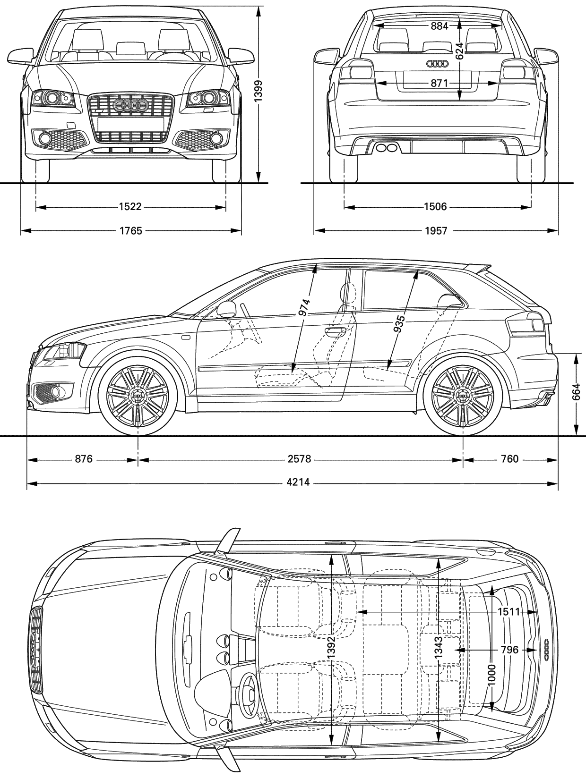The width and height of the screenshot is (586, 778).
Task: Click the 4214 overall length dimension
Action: click(x=298, y=482)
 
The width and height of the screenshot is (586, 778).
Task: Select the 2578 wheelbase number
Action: click(x=299, y=459)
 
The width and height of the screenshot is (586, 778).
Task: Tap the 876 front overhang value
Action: click(x=84, y=459)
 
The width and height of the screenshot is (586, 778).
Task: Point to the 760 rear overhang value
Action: click(x=510, y=459)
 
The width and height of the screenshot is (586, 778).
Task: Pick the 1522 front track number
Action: click(x=130, y=206)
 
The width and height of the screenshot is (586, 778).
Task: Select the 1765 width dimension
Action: click(x=130, y=231)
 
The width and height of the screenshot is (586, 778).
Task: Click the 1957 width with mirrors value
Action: click(x=436, y=231)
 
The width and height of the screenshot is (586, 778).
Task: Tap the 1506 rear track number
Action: click(x=436, y=206)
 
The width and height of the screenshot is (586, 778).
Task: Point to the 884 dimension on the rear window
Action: click(x=439, y=26)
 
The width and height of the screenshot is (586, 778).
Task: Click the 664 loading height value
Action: click(x=576, y=392)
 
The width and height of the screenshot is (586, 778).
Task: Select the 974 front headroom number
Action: click(x=304, y=308)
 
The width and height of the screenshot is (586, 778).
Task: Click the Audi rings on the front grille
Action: click(x=130, y=104)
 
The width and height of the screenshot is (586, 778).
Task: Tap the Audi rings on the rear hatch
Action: click(x=437, y=64)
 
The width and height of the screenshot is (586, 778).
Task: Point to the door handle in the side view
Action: click(x=335, y=331)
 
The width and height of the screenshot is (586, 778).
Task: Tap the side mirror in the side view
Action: click(x=227, y=309)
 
